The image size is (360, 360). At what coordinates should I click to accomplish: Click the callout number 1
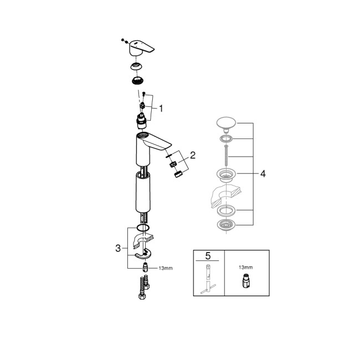click(x=161, y=109)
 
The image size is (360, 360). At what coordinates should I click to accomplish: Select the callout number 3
click(x=117, y=249)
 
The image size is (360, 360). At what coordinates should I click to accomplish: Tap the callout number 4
click(x=263, y=173)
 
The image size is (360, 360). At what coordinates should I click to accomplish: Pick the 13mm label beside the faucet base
click(x=165, y=268)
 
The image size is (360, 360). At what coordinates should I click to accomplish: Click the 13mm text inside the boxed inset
click(x=246, y=267)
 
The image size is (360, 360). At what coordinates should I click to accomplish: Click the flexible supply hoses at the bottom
click(x=141, y=290)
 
